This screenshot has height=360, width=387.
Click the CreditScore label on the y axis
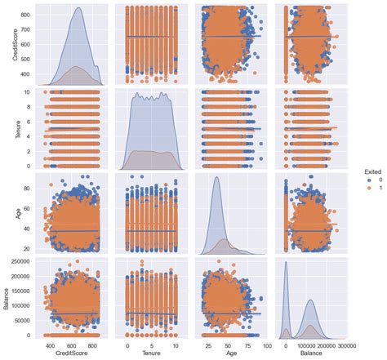tap(7, 46)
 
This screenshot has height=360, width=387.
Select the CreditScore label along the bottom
tap(72, 354)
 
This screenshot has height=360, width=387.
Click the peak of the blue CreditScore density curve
tap(78, 8)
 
